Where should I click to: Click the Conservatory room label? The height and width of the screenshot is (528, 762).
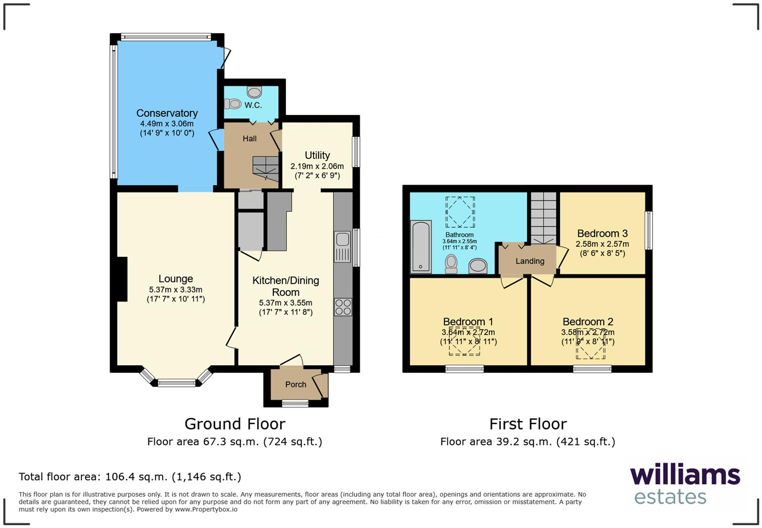coord(167,113)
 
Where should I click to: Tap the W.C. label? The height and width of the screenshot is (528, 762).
coord(253,105)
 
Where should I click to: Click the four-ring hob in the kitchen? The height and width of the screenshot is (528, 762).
coord(343,307)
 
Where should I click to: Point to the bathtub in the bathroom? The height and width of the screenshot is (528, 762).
coord(420,246)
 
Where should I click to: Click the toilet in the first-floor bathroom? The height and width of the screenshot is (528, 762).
coord(451,263)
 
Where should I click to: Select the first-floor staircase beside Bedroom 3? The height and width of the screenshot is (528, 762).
coord(543,218)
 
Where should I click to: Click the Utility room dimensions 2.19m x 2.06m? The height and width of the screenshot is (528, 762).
coord(317,166)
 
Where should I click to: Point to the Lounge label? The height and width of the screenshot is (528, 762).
coord(175,279)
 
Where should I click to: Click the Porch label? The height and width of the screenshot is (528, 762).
coord(295,384)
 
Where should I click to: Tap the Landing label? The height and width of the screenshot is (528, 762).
coord(530,261)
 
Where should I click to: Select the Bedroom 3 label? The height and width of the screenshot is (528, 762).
coord(602,233)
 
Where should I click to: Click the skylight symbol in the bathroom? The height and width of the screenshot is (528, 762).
coord(460,212)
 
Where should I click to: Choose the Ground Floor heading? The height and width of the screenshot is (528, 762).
coord(235,424)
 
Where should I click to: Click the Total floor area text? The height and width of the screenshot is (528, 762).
coord(130,477)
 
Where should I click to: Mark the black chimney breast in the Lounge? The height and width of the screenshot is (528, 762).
coord(121,279)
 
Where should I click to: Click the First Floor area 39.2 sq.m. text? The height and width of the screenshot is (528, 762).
coord(528,442)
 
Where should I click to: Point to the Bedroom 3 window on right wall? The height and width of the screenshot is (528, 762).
coord(649,230)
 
